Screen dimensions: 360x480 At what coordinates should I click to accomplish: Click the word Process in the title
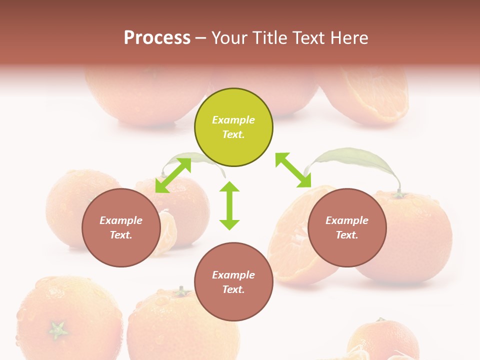pos(157,38)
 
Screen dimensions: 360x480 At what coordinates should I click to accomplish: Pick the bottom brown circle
pos(233,282)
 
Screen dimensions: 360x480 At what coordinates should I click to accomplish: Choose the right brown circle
pos(347,227)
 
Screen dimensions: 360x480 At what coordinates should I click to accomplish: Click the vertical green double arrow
pos(229,205)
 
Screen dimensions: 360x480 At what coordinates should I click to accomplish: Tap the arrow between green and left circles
pos(173,175)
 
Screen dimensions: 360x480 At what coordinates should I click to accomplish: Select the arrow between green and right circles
pos(293,170)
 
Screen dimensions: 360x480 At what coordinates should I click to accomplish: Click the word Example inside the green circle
pos(233,120)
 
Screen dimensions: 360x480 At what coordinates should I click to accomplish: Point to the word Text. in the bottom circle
pos(233,289)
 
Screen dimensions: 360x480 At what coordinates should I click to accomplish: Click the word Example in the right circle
pos(347,220)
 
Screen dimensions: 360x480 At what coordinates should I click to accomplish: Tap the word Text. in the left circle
pos(121,235)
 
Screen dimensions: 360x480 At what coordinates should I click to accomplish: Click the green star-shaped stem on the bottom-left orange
pos(58,329)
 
